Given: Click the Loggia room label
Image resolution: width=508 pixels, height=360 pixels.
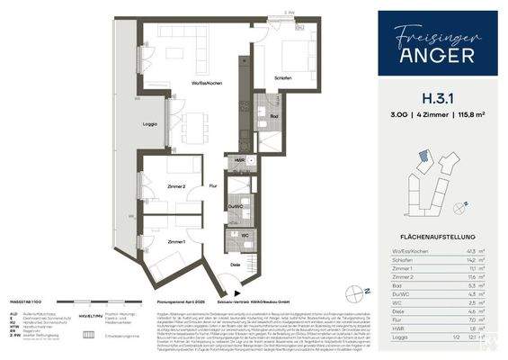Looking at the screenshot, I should tap(151, 123).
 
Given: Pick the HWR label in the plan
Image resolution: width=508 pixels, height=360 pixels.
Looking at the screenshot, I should tap(238, 160).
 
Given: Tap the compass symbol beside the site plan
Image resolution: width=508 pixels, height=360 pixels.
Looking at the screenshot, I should tap(459, 206).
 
